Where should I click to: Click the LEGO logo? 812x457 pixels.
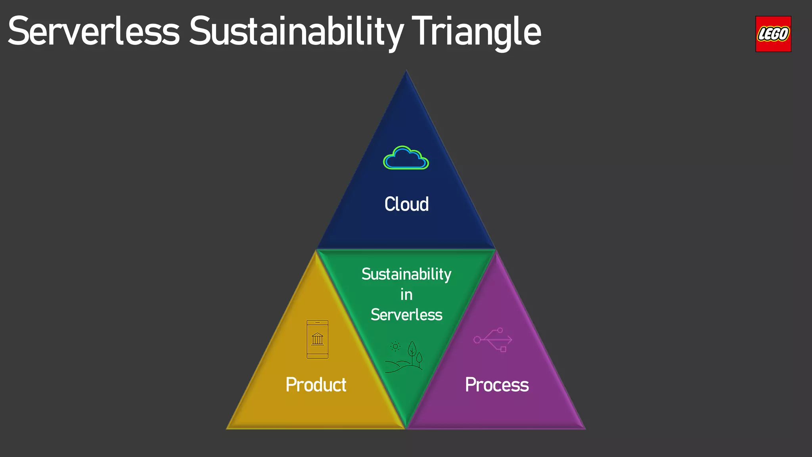(x=773, y=34)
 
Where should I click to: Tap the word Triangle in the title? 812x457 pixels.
(x=476, y=32)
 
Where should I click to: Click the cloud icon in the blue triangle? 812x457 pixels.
(x=406, y=158)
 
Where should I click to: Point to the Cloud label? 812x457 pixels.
(x=406, y=204)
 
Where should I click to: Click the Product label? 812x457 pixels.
(x=316, y=385)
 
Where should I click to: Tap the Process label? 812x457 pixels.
(x=497, y=385)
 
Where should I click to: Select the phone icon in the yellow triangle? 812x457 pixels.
(x=318, y=339)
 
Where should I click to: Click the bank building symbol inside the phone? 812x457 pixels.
(x=318, y=339)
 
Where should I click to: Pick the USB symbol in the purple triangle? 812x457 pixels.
(x=493, y=340)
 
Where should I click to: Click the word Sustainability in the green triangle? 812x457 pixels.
(x=406, y=275)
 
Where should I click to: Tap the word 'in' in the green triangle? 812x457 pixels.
(x=406, y=295)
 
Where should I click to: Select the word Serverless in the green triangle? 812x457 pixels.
(x=406, y=315)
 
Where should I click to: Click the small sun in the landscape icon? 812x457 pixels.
(x=395, y=346)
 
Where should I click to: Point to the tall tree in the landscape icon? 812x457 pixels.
(x=412, y=351)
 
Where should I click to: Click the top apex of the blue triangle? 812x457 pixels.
(x=406, y=72)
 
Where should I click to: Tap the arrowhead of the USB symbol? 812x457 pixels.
(x=509, y=340)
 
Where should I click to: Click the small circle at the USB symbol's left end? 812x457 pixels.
(x=477, y=340)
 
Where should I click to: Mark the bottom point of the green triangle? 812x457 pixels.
(x=406, y=427)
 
